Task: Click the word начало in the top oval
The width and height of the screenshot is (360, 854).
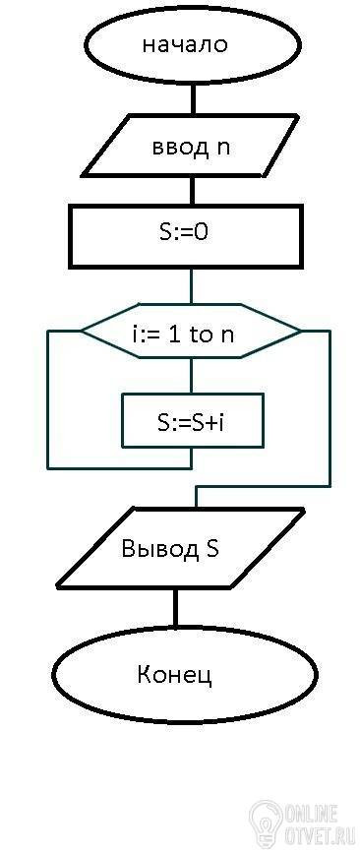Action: (x=185, y=44)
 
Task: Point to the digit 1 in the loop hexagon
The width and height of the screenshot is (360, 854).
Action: (x=174, y=334)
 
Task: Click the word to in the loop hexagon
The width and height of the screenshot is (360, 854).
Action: (x=202, y=335)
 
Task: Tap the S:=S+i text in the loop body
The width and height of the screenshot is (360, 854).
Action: (x=190, y=422)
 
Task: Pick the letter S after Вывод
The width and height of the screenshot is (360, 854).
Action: (x=212, y=548)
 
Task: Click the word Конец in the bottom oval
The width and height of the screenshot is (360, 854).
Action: (x=174, y=675)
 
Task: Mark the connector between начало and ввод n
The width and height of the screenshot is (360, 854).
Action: (x=192, y=99)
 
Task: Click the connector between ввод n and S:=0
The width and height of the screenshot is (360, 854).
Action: (x=192, y=191)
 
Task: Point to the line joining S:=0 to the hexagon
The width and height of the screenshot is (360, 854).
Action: (x=191, y=286)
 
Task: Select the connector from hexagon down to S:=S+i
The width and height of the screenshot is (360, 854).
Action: (x=191, y=376)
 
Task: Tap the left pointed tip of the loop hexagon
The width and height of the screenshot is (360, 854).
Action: (x=82, y=331)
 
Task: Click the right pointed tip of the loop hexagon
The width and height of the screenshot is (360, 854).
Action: (x=300, y=331)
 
